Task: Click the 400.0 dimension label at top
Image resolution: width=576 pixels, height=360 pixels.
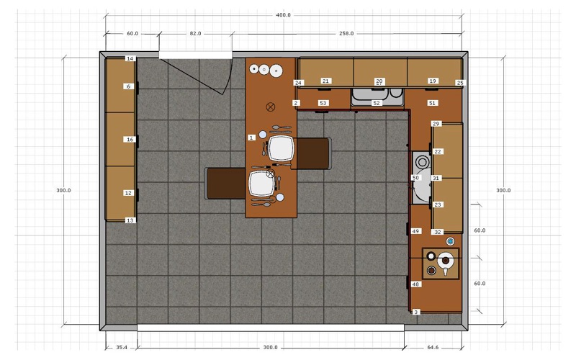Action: [x=283, y=15]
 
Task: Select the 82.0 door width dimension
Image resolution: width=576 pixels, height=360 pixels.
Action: [x=195, y=33]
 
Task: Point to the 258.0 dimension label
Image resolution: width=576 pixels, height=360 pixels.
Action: [x=346, y=33]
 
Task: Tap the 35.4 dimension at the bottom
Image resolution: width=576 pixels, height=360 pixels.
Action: [x=122, y=347]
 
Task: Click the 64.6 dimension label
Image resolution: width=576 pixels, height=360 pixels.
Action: [x=433, y=347]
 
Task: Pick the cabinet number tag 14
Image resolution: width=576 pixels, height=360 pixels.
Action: [x=130, y=58]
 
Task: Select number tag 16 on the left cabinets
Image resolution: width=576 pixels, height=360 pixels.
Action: [x=130, y=140]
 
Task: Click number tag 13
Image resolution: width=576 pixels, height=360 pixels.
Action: [x=130, y=220]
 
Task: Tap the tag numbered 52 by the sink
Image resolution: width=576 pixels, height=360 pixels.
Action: [x=377, y=103]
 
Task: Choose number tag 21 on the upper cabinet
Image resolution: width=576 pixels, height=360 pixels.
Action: [x=325, y=81]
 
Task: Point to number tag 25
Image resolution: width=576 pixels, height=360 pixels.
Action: [x=460, y=83]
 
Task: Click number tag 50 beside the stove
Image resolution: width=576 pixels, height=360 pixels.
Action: [x=415, y=178]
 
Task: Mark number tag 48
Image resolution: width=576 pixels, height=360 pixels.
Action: [x=415, y=284]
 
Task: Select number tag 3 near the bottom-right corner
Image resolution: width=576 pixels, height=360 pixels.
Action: [x=416, y=312]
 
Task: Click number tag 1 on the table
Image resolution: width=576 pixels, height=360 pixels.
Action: [x=251, y=138]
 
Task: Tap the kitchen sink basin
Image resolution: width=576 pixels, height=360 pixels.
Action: [x=369, y=94]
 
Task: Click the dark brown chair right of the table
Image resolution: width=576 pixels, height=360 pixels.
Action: [x=313, y=153]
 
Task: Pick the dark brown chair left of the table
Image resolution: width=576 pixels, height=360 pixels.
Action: [x=225, y=184]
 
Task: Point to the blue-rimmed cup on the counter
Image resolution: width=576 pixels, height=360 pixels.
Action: [x=451, y=241]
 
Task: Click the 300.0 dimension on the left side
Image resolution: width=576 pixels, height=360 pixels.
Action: [x=63, y=190]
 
